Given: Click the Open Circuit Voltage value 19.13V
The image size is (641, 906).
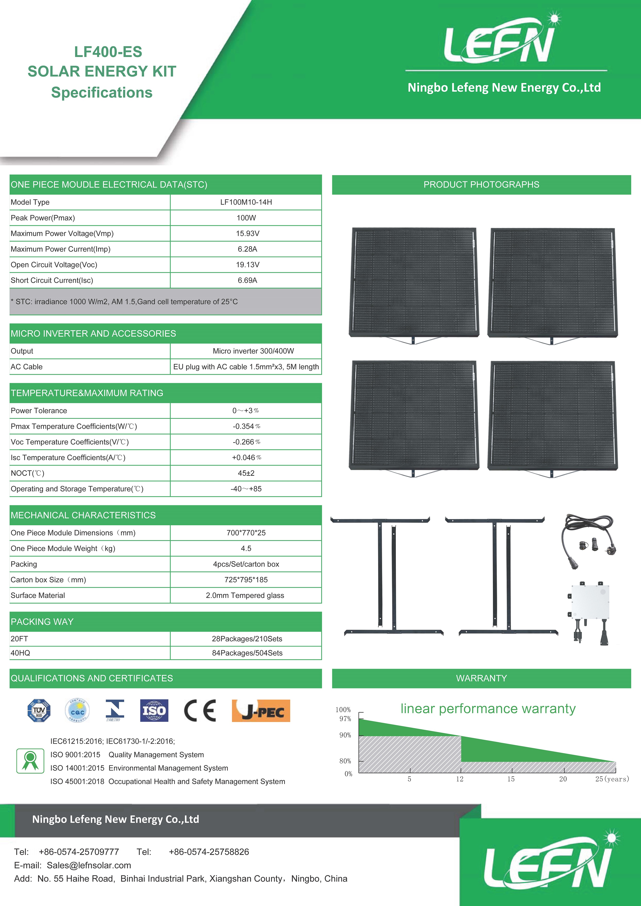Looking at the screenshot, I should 248,265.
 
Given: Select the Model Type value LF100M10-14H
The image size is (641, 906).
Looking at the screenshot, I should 246,202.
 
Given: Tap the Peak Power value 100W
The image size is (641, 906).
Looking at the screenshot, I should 246,218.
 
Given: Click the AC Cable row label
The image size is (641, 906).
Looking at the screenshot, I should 27,366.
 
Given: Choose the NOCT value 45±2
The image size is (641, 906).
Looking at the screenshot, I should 246,473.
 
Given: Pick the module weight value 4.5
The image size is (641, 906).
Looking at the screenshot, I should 246,548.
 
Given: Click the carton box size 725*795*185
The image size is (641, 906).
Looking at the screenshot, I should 246,580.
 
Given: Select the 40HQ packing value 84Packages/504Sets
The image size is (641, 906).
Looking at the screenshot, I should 247,653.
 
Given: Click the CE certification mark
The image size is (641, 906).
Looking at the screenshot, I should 200,711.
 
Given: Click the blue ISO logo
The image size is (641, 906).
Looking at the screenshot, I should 154,711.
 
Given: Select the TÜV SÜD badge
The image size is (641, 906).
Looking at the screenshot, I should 39,711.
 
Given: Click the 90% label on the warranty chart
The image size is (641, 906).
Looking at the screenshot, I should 345,735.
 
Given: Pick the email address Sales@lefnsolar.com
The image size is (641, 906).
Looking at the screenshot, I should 89,865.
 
